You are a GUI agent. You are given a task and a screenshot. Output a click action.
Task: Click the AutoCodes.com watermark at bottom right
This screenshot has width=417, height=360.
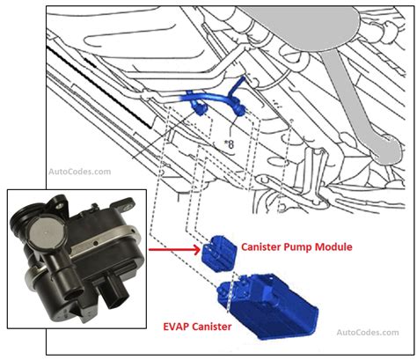(x=369, y=333)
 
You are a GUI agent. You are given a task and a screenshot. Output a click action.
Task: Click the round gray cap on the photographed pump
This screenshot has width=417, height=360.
(x=37, y=234)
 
